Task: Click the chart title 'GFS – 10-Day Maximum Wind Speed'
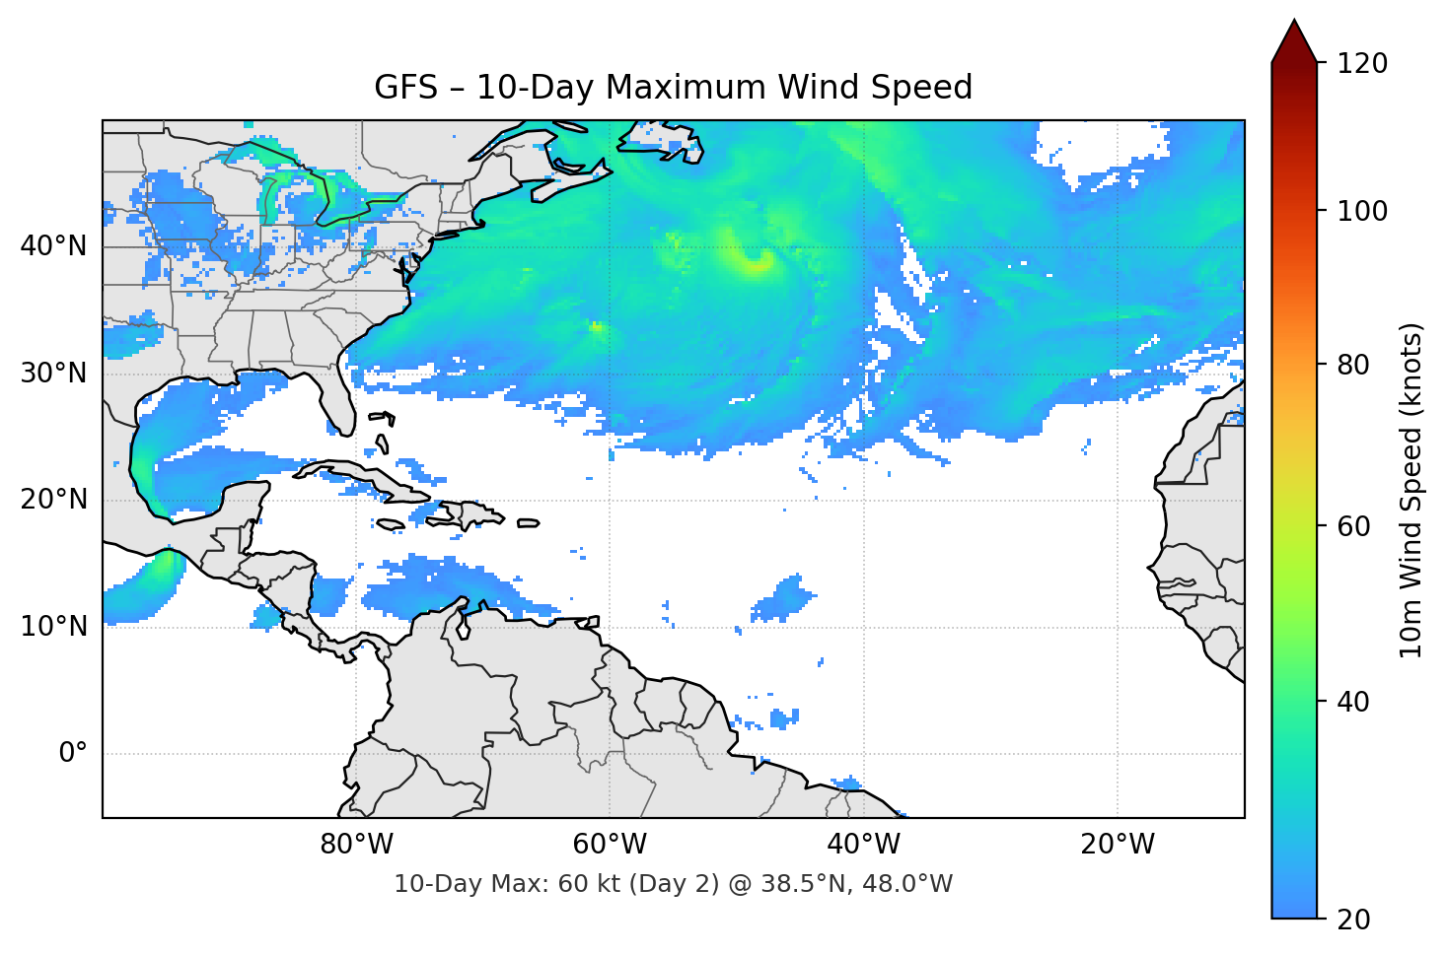[673, 88]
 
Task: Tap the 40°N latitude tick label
[53, 246]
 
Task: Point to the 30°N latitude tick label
[53, 374]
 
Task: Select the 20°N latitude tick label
[53, 500]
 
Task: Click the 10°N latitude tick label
[53, 627]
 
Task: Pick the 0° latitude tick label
[73, 754]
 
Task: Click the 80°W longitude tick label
[357, 845]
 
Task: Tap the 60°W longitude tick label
[611, 845]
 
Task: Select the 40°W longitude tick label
[864, 845]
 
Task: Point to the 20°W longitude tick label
[1118, 845]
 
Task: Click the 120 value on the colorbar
[1362, 63]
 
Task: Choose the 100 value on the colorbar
[1362, 211]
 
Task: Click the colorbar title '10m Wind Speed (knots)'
[1411, 491]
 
